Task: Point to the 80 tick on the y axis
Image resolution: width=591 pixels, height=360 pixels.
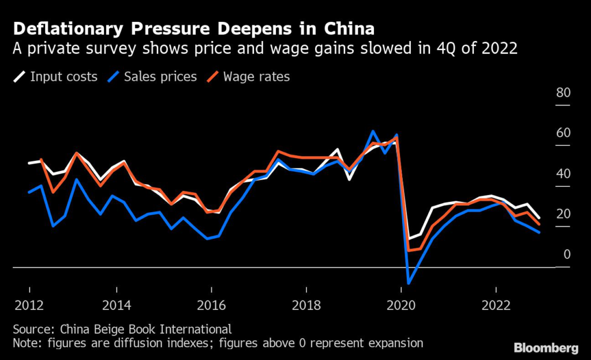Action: (563, 93)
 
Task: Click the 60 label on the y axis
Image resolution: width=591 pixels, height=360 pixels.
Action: (563, 133)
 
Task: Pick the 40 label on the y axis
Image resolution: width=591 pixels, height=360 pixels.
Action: (563, 174)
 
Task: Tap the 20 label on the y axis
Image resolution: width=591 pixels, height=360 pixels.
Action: (563, 214)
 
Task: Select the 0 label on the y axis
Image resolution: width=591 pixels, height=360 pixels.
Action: (566, 254)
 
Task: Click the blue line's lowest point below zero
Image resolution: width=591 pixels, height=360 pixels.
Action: (409, 283)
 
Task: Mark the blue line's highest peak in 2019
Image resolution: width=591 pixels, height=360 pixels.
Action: (373, 132)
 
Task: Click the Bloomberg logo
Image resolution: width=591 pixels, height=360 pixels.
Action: (546, 348)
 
